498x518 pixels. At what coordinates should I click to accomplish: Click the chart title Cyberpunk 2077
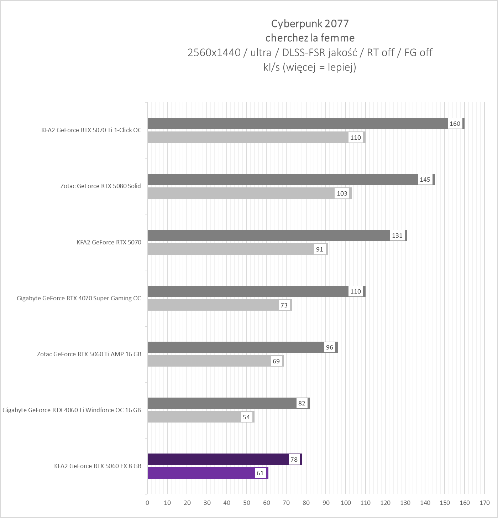click(310, 24)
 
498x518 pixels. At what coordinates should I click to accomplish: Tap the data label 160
click(455, 124)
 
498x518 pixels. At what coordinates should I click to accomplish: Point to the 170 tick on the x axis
click(484, 503)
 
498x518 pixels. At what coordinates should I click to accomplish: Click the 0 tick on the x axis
click(147, 503)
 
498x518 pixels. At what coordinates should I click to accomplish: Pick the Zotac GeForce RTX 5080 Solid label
click(100, 186)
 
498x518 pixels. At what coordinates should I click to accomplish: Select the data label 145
click(425, 180)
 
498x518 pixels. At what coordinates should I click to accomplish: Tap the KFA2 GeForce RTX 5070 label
click(109, 242)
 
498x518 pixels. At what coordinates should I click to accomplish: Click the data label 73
click(284, 305)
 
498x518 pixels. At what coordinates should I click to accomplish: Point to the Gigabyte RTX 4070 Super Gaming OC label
click(79, 298)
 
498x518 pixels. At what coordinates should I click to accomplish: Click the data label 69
click(276, 361)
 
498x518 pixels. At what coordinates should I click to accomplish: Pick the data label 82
click(302, 403)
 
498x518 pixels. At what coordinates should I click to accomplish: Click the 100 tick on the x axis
click(346, 503)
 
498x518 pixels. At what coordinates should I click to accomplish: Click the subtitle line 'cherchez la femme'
click(310, 38)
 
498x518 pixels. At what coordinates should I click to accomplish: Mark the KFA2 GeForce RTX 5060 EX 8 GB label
click(98, 466)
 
